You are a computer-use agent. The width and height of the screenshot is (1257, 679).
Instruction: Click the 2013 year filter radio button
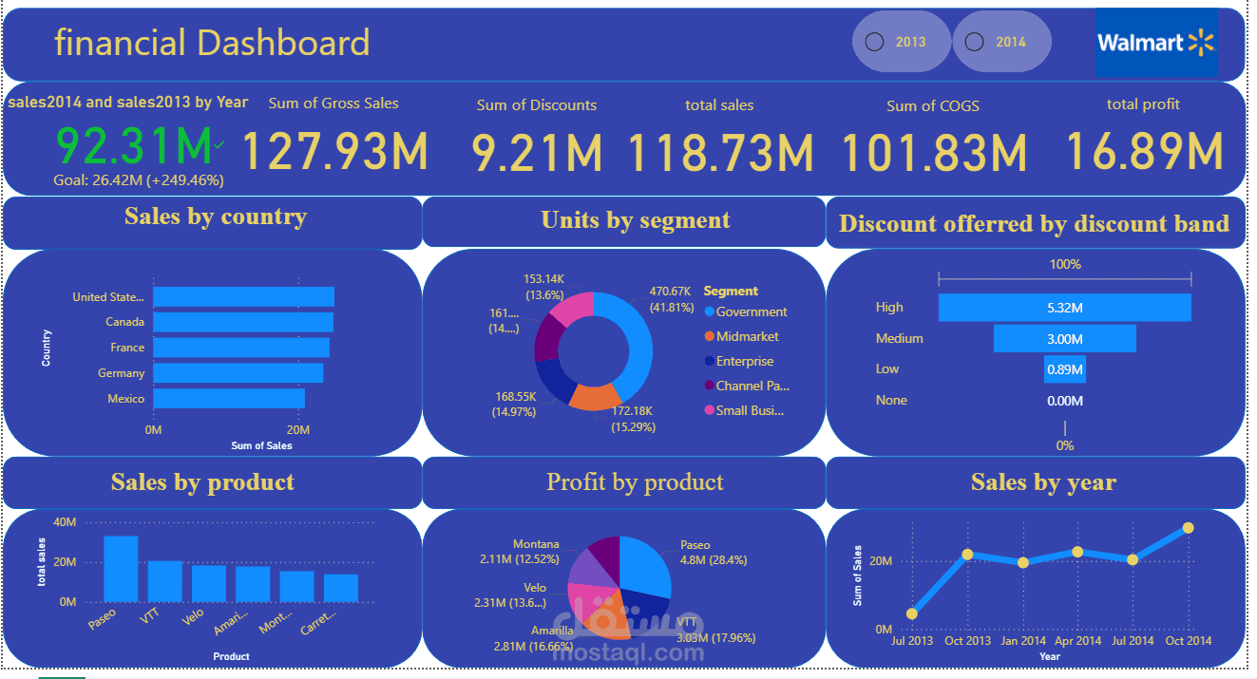coord(875,42)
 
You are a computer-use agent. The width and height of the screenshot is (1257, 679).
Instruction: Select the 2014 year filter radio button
coord(974,42)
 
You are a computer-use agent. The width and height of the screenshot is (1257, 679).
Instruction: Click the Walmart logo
coord(1155,43)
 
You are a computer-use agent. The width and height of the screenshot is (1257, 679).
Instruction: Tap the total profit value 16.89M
coord(1143,151)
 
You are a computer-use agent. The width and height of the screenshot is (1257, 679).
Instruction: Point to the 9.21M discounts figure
coord(537,153)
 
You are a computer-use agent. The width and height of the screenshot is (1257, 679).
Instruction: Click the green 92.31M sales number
coord(134,146)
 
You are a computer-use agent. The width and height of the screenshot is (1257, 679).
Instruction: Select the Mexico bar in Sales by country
coord(228,399)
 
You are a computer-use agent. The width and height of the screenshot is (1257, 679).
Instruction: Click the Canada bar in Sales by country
coord(242,322)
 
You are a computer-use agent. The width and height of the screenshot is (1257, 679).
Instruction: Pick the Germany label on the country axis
coord(122,373)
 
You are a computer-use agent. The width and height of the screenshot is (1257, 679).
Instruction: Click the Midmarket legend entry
coord(747,336)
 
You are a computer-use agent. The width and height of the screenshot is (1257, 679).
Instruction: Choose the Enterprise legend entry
coord(745,361)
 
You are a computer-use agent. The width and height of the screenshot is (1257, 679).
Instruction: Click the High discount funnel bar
coord(1064,308)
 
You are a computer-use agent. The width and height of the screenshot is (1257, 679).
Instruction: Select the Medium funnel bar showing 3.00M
coord(1064,339)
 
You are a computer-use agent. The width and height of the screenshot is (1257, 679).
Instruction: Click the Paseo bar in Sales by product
coord(121,569)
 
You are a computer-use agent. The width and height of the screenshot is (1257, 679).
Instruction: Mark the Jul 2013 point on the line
coord(912,613)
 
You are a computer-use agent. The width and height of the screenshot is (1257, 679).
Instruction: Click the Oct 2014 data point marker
coord(1188,528)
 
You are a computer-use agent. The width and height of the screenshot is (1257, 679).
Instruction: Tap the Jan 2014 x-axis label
coord(1023,641)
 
